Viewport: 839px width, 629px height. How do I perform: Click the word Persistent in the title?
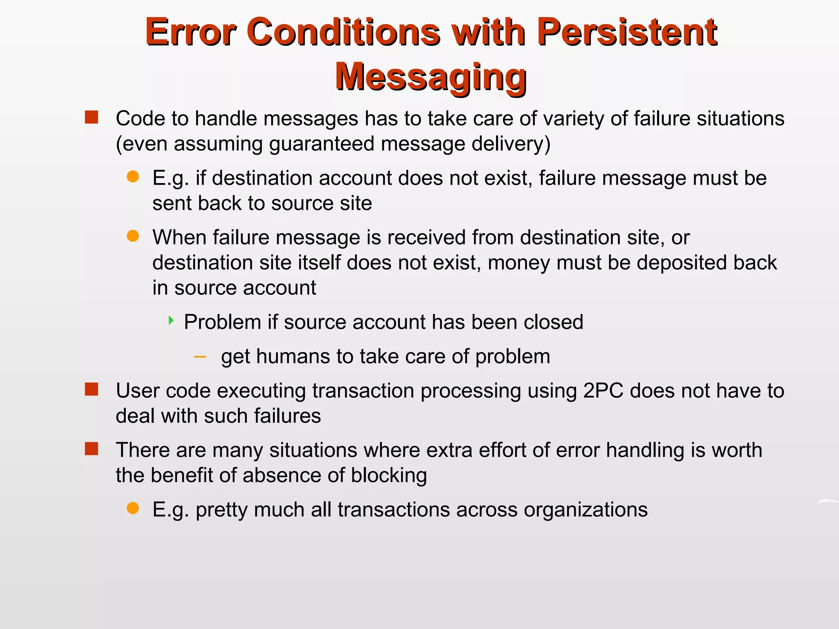pos(627,33)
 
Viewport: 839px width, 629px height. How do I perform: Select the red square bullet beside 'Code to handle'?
pos(91,118)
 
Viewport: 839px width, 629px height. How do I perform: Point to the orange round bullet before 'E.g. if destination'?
pos(133,177)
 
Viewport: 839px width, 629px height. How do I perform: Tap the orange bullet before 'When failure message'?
pos(133,236)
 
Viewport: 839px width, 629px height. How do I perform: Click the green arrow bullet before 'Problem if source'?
pos(171,321)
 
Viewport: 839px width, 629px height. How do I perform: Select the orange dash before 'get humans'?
pos(200,357)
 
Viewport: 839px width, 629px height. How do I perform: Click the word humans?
pos(293,356)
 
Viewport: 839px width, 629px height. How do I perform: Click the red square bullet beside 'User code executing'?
pos(91,389)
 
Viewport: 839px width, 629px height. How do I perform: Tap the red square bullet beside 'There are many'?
pos(91,449)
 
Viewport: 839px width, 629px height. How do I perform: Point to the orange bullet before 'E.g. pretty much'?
pos(133,508)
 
